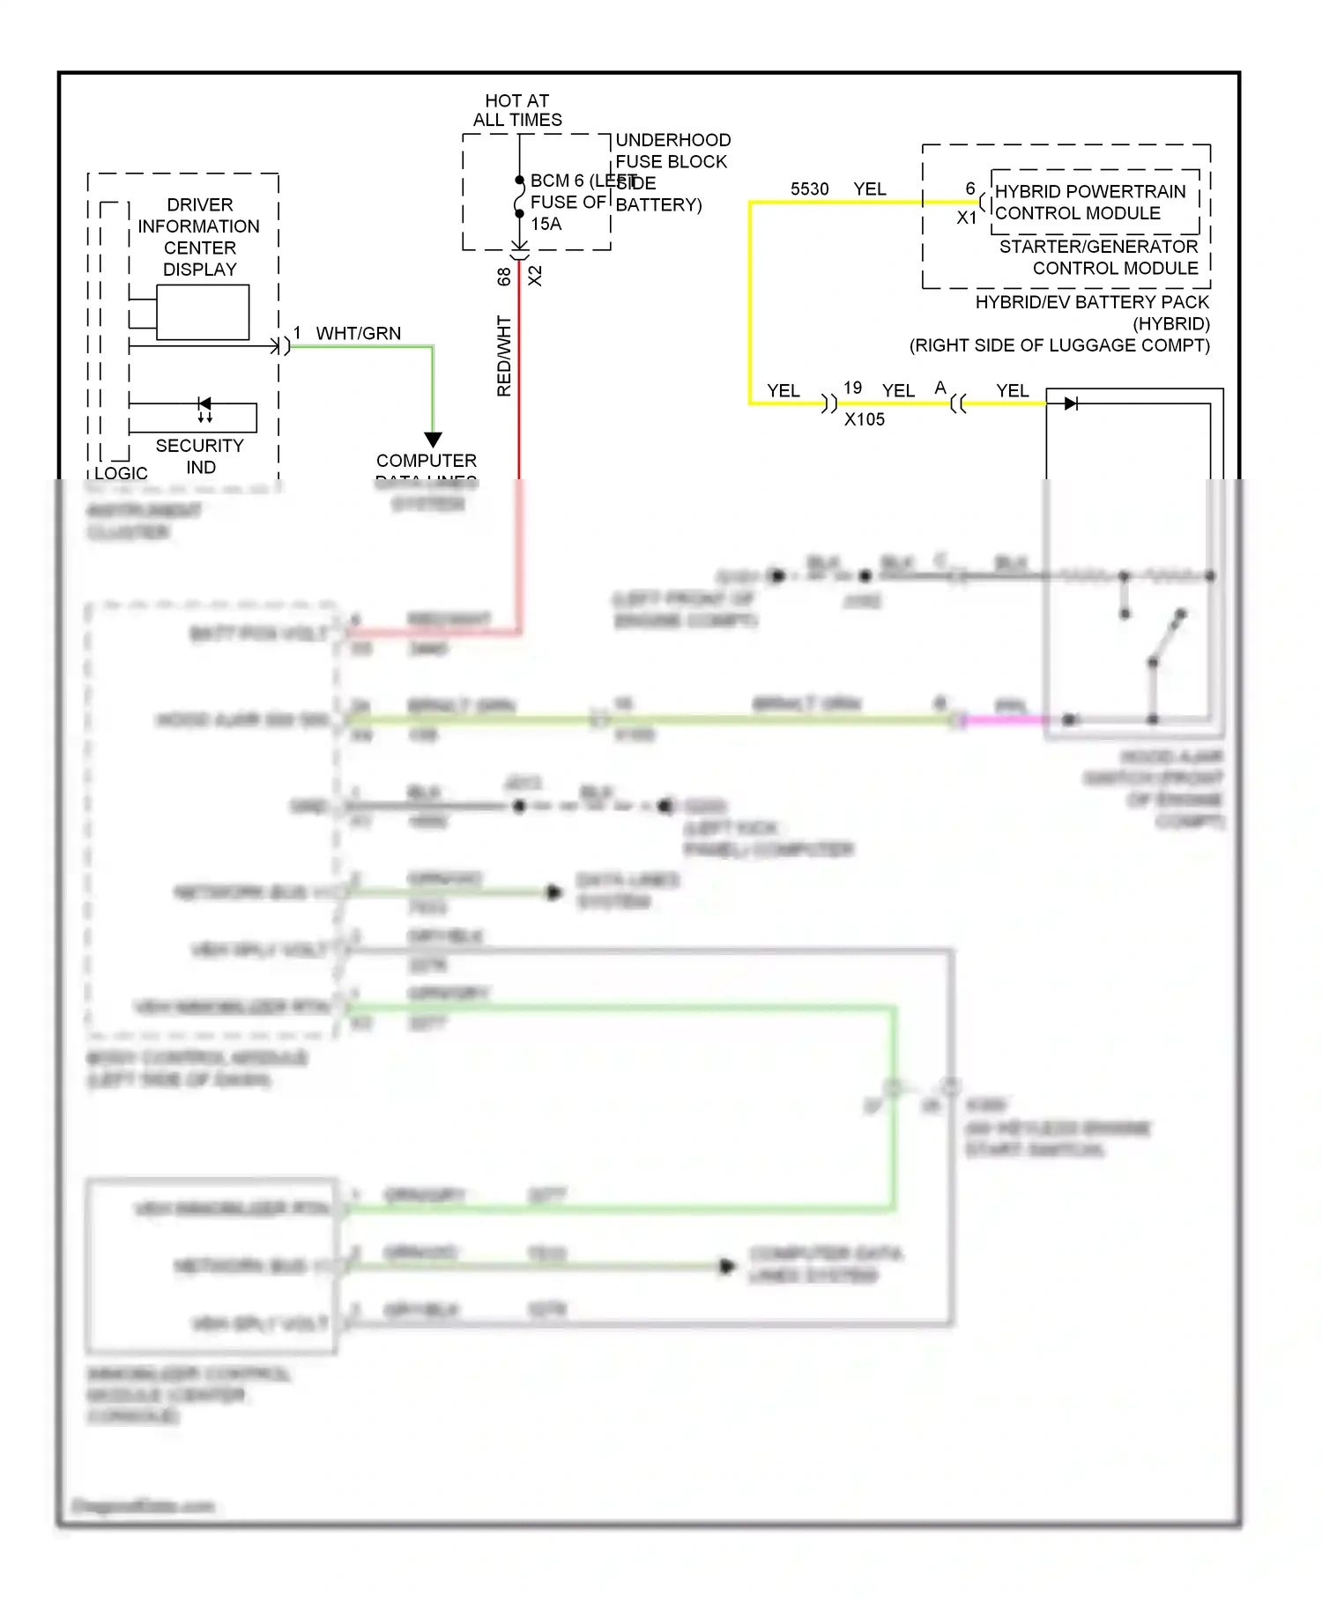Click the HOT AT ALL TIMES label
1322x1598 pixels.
pyautogui.click(x=517, y=110)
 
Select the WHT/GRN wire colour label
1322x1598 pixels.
pyautogui.click(x=358, y=333)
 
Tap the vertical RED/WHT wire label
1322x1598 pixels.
pyautogui.click(x=504, y=356)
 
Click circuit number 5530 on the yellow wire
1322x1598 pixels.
pyautogui.click(x=809, y=189)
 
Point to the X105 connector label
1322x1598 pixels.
pyautogui.click(x=864, y=419)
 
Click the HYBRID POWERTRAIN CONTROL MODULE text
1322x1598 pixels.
pyautogui.click(x=1090, y=202)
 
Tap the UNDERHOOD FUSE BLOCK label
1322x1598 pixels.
pyautogui.click(x=672, y=151)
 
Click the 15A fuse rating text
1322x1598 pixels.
pyautogui.click(x=546, y=224)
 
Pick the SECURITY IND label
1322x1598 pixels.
pyautogui.click(x=199, y=455)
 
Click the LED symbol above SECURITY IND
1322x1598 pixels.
pyautogui.click(x=204, y=404)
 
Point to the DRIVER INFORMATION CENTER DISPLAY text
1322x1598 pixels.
pyautogui.click(x=199, y=237)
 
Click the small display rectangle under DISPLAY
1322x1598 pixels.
pyautogui.click(x=203, y=312)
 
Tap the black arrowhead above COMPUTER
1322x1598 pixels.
pyautogui.click(x=433, y=439)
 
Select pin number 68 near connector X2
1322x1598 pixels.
pyautogui.click(x=503, y=276)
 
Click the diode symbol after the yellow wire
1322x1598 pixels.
pyautogui.click(x=1071, y=403)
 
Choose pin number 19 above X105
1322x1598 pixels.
pyautogui.click(x=852, y=388)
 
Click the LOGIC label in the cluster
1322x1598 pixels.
pyautogui.click(x=121, y=472)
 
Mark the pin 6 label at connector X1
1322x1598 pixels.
pyautogui.click(x=969, y=189)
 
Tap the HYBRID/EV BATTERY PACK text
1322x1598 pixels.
pyautogui.click(x=1092, y=302)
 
